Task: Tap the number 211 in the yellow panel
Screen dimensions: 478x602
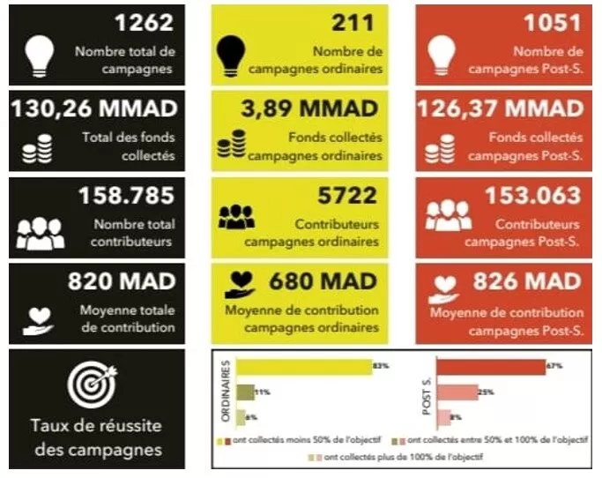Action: (353, 24)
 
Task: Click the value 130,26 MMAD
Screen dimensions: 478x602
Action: (93, 108)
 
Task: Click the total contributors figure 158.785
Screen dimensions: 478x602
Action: (127, 196)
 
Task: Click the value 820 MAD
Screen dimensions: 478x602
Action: (122, 281)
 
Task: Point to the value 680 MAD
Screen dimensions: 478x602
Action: (322, 281)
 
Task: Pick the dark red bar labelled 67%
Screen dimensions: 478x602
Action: (490, 366)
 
